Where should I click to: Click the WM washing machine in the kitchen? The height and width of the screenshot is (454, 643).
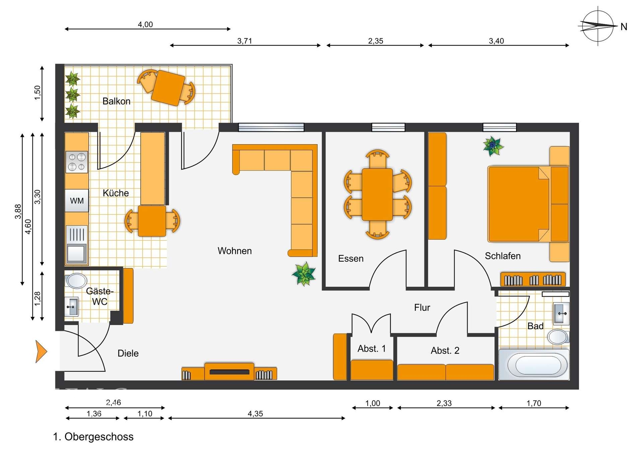[x=77, y=201]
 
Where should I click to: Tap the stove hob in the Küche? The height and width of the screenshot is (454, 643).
[x=76, y=162]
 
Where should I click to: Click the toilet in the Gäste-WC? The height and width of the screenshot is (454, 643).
[x=76, y=281]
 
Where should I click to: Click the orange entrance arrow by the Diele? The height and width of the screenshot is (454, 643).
[x=41, y=351]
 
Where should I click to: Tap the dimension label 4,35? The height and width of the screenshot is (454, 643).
[x=255, y=414]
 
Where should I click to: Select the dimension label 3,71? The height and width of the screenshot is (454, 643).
[x=244, y=41]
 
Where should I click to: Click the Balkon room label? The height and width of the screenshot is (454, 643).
[x=116, y=101]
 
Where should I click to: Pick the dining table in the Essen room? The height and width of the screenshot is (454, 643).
[x=377, y=194]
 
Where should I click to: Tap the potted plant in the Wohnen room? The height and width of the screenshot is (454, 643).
[x=304, y=274]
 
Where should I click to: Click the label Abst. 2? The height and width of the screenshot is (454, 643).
[x=445, y=351]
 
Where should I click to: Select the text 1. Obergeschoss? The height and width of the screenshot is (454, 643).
[x=93, y=437]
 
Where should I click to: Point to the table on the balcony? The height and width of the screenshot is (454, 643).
[x=168, y=88]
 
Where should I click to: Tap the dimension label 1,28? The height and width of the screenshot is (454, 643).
[x=38, y=298]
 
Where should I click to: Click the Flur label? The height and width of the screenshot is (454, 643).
[x=422, y=307]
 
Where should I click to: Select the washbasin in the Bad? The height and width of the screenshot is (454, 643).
[x=561, y=313]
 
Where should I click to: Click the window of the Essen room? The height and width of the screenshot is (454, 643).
[x=388, y=127]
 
